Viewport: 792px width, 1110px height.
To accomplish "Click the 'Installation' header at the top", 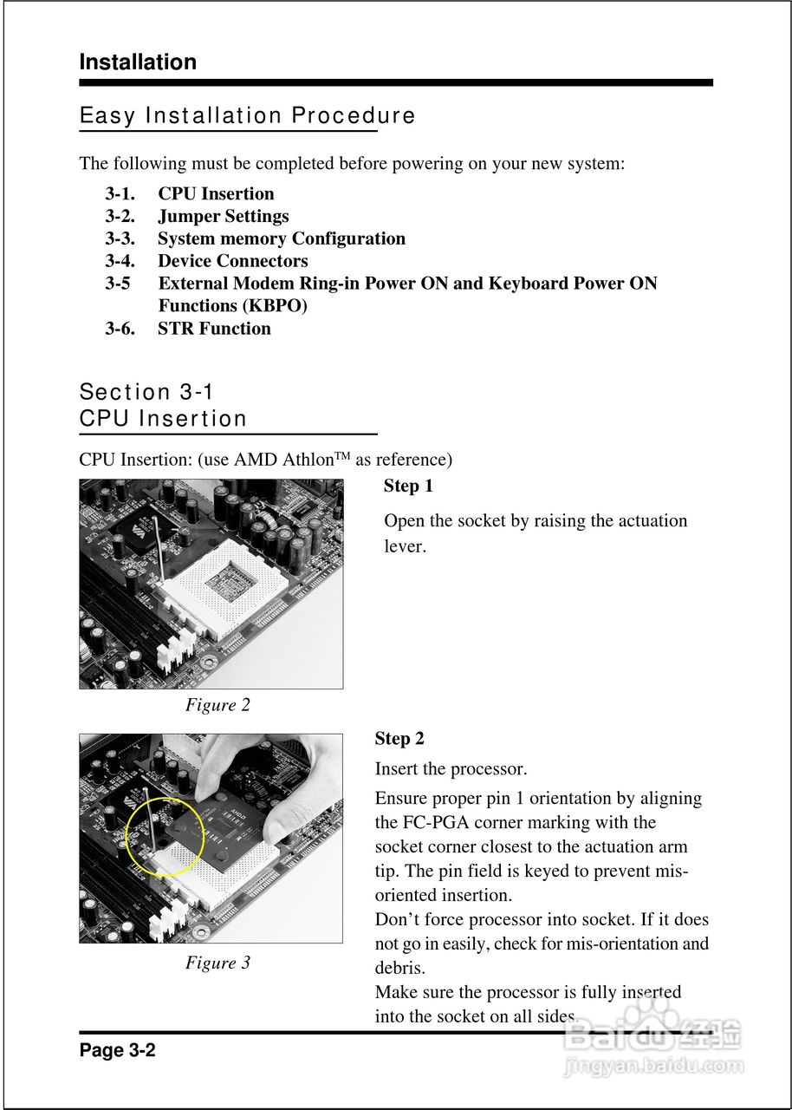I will coord(138,62).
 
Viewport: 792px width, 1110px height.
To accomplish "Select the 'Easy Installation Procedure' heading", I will coord(247,115).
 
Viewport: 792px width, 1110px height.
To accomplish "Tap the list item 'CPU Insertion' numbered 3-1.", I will coord(216,193).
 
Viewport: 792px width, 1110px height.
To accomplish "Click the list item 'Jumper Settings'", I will coord(223,216).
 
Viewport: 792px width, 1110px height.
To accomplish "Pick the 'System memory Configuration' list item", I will coord(281,238).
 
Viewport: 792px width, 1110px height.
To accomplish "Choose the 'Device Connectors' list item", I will coord(232,261).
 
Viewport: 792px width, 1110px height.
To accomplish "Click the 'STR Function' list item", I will coord(214,329).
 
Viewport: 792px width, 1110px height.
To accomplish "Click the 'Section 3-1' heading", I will coord(146,392).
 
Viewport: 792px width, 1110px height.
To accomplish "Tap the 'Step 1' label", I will coord(408,486).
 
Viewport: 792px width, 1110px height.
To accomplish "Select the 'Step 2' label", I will coord(399,739).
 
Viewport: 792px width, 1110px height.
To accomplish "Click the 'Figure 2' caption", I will coord(217,705).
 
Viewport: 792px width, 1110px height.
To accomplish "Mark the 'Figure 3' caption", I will coord(217,963).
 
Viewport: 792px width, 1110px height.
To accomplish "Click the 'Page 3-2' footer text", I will coord(117,1050).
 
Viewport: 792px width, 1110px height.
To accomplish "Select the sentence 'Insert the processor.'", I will coord(451,769).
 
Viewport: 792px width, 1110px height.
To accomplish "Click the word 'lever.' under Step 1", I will coord(405,546).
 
